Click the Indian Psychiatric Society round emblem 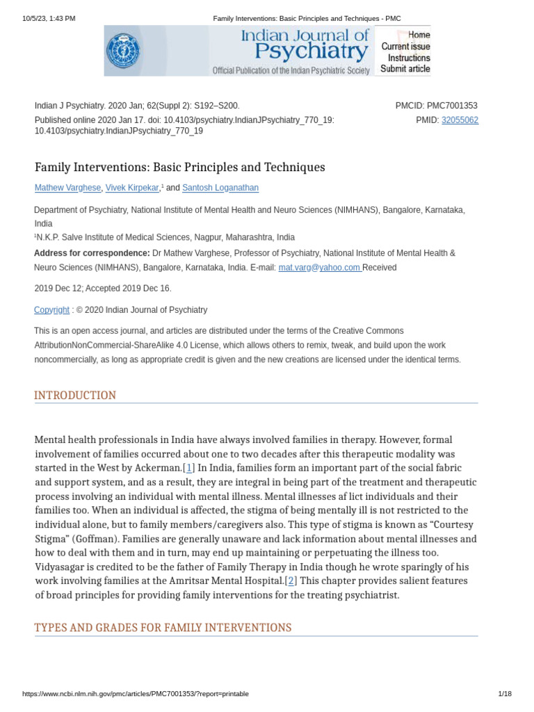[122, 51]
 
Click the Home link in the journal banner [419, 35]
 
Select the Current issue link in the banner [405, 47]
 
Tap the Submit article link [405, 69]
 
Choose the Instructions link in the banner [409, 58]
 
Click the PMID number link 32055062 [460, 120]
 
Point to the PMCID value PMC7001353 [452, 106]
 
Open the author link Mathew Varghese [67, 188]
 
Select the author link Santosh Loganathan [220, 188]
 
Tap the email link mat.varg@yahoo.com [319, 268]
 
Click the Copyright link [51, 310]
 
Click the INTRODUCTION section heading [75, 396]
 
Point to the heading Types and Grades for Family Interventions [163, 628]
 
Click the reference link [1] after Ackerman [189, 468]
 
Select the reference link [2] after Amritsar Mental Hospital [291, 581]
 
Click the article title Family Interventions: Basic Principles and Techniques [179, 168]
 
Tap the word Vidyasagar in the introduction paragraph [62, 567]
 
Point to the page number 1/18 [505, 694]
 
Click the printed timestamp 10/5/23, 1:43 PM [49, 18]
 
